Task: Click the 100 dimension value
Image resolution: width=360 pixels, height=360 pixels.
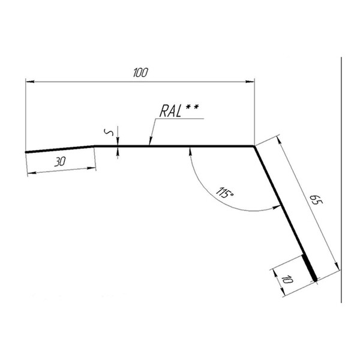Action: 140,73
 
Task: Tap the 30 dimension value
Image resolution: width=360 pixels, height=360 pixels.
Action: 60,161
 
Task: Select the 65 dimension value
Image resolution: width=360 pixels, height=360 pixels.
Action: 316,200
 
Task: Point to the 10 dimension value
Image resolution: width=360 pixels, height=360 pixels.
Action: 287,280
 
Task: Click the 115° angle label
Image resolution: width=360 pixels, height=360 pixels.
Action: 225,193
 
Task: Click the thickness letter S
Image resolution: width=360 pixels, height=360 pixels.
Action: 109,133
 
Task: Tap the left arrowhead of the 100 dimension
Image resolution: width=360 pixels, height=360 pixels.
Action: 30,82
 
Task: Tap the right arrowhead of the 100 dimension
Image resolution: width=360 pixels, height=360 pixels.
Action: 250,82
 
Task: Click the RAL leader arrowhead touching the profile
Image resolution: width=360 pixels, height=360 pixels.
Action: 151,141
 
